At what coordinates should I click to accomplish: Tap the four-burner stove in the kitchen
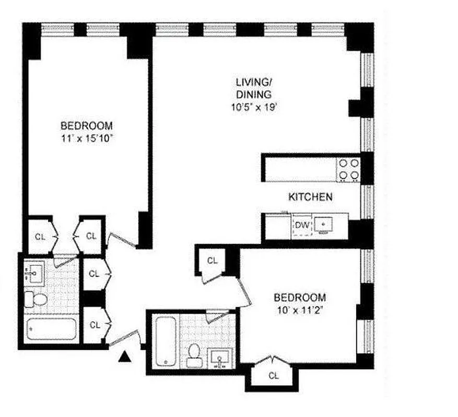[348, 169]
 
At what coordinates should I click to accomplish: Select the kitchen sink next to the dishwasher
[324, 224]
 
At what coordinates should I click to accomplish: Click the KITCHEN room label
[310, 197]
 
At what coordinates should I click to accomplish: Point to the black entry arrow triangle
[125, 357]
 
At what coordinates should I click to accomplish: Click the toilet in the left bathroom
[36, 299]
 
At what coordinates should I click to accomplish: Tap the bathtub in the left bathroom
[51, 330]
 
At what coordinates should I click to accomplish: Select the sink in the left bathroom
[36, 273]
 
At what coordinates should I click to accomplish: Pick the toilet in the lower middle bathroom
[194, 353]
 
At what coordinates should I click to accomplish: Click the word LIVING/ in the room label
[254, 82]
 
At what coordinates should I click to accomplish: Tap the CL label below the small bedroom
[273, 375]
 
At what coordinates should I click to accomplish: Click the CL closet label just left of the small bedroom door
[212, 261]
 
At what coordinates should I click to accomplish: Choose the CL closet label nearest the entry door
[95, 325]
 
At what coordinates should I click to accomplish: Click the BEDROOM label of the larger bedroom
[87, 126]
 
